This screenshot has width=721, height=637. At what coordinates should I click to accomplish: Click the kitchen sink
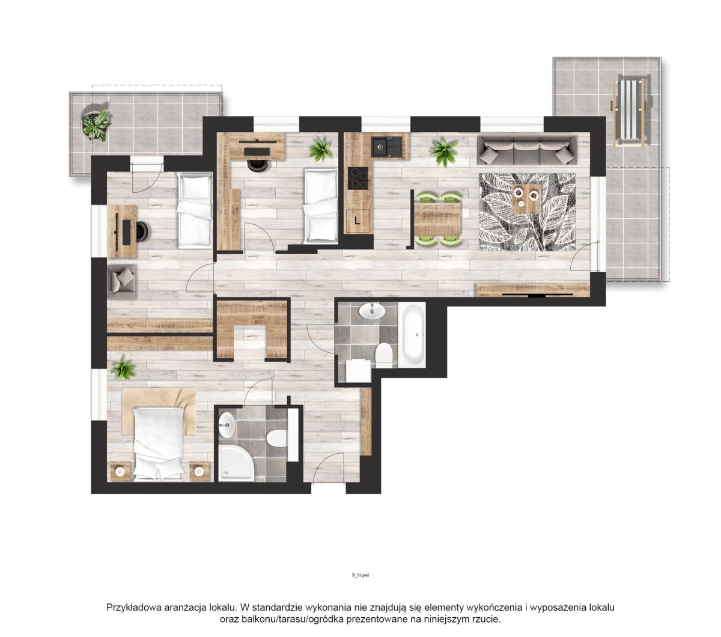coord(386,147)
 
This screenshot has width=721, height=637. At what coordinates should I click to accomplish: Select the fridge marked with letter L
coord(357,221)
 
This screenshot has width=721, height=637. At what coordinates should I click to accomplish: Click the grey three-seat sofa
coord(526,150)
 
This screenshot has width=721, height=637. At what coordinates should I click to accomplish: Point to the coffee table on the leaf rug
coord(526,199)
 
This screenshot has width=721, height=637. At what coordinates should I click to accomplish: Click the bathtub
coord(412,335)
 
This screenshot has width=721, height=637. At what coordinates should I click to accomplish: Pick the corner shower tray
coord(236,464)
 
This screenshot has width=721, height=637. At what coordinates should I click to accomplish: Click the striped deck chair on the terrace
coord(630,111)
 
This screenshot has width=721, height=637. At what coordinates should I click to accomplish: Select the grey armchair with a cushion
coord(121,281)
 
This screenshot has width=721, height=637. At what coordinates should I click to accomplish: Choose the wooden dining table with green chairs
coord(438,219)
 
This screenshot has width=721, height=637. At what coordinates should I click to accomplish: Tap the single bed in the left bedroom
coord(195,210)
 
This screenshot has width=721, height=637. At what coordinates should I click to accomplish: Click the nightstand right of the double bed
coord(199,471)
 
